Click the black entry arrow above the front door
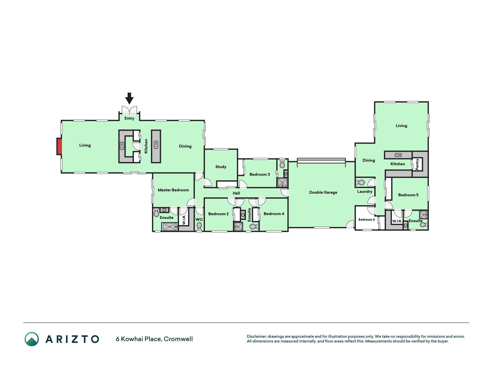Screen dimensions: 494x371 (129, 98)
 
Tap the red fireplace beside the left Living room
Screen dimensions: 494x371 (59, 146)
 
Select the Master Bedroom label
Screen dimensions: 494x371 (173, 190)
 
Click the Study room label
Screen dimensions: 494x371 (221, 167)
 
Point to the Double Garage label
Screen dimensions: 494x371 (323, 192)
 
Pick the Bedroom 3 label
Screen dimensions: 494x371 (260, 174)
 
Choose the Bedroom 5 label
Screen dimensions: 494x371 (408, 195)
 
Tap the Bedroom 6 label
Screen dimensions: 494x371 (367, 219)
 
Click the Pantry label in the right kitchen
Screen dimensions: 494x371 (417, 164)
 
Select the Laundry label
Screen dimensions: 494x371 (365, 191)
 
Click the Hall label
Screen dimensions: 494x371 (236, 193)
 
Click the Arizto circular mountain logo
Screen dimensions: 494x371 (32, 339)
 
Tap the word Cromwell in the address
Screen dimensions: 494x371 (178, 339)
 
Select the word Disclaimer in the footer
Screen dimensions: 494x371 (257, 337)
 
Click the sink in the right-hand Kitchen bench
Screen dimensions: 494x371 (398, 155)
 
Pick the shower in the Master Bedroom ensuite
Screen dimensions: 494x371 (169, 226)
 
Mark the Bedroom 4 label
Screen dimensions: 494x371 (274, 214)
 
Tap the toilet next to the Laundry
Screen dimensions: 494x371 (360, 183)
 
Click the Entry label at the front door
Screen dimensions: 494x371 (129, 118)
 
